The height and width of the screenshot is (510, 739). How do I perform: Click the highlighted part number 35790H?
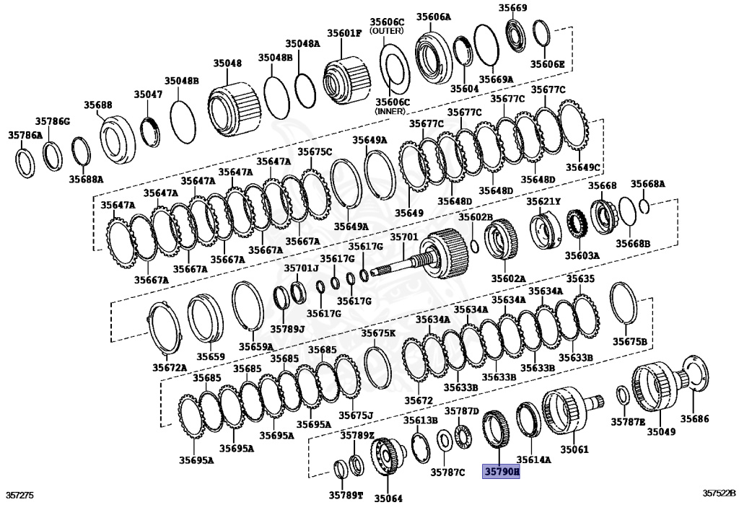point(501,472)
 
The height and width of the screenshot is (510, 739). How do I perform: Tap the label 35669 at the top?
point(512,8)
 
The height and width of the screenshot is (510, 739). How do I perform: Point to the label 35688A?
point(86,178)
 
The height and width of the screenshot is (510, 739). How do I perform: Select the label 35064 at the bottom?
point(388,498)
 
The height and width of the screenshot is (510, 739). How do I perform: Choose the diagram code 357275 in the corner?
point(20,496)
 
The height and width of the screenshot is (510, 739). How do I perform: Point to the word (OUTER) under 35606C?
point(389,32)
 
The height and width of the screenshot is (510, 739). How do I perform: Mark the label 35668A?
point(647,184)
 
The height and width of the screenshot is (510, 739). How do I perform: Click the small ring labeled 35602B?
point(474,247)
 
